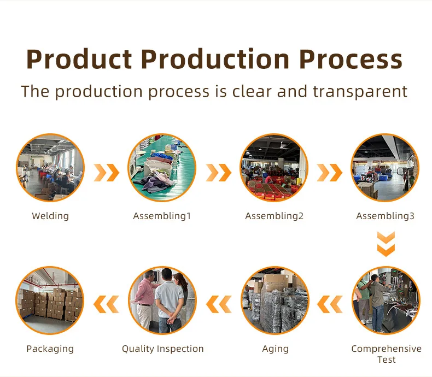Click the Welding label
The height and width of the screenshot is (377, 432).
coord(50,216)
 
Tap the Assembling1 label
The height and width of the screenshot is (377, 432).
coord(162,216)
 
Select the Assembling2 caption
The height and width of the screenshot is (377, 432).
coord(275,216)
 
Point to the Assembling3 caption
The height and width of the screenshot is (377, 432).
coord(386,216)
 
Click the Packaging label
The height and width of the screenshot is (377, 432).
coord(50,349)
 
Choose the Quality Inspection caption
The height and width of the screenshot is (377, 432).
coord(163,349)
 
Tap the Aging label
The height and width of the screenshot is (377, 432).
coord(275,349)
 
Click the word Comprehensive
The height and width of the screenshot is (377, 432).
coord(386,349)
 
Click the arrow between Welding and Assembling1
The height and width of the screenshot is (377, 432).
coord(107,173)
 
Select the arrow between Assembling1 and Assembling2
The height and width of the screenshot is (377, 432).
coord(219,173)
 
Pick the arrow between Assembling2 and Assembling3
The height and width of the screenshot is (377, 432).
coord(330,173)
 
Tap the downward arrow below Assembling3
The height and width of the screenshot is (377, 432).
coord(386,244)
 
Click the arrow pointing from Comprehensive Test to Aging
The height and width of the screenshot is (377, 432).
coord(330,304)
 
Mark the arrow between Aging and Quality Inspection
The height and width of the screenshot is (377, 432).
coord(219,304)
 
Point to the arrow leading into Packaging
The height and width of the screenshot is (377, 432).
coord(106,304)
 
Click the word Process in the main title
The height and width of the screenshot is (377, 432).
coord(351,60)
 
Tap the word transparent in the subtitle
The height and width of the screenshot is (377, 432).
coord(360,92)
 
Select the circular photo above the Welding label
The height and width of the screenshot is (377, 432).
coord(50,168)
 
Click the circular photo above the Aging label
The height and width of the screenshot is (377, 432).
coord(275,300)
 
